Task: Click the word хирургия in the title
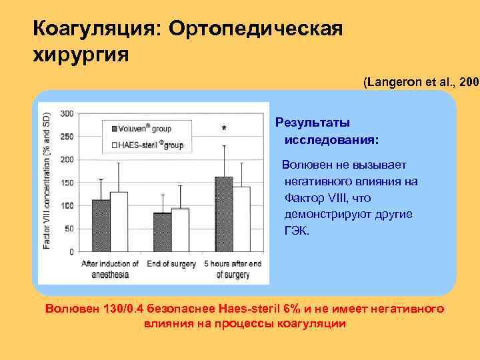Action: click(81, 54)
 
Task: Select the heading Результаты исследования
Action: click(327, 131)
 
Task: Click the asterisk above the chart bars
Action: click(223, 129)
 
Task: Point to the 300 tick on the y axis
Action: click(66, 113)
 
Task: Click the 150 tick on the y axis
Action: click(66, 183)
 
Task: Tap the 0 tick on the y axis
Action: click(71, 252)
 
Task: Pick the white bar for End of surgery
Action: click(180, 230)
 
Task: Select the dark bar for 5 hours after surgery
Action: click(223, 214)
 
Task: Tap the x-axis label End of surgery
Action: click(171, 264)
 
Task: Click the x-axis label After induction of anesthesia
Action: click(110, 269)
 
